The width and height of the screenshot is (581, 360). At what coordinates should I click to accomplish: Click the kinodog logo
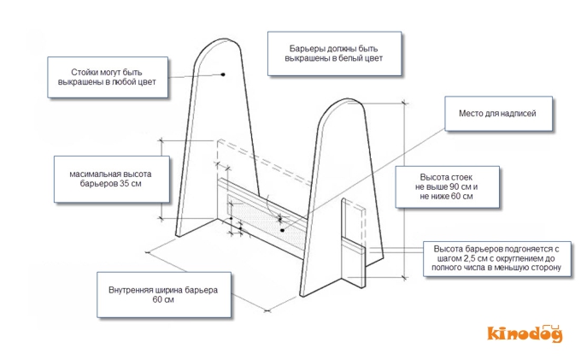525,333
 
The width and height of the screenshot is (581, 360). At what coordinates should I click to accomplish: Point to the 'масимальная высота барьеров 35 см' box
106,179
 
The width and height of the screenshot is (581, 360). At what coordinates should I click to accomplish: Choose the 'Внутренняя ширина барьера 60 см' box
163,295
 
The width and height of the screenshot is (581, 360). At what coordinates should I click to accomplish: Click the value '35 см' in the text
130,184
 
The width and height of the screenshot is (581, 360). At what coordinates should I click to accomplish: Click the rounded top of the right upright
345,105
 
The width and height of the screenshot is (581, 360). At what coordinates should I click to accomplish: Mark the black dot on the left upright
222,74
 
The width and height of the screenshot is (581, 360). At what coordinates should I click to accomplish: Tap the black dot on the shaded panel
282,229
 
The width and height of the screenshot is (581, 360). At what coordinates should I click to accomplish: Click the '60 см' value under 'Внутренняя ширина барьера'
163,300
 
